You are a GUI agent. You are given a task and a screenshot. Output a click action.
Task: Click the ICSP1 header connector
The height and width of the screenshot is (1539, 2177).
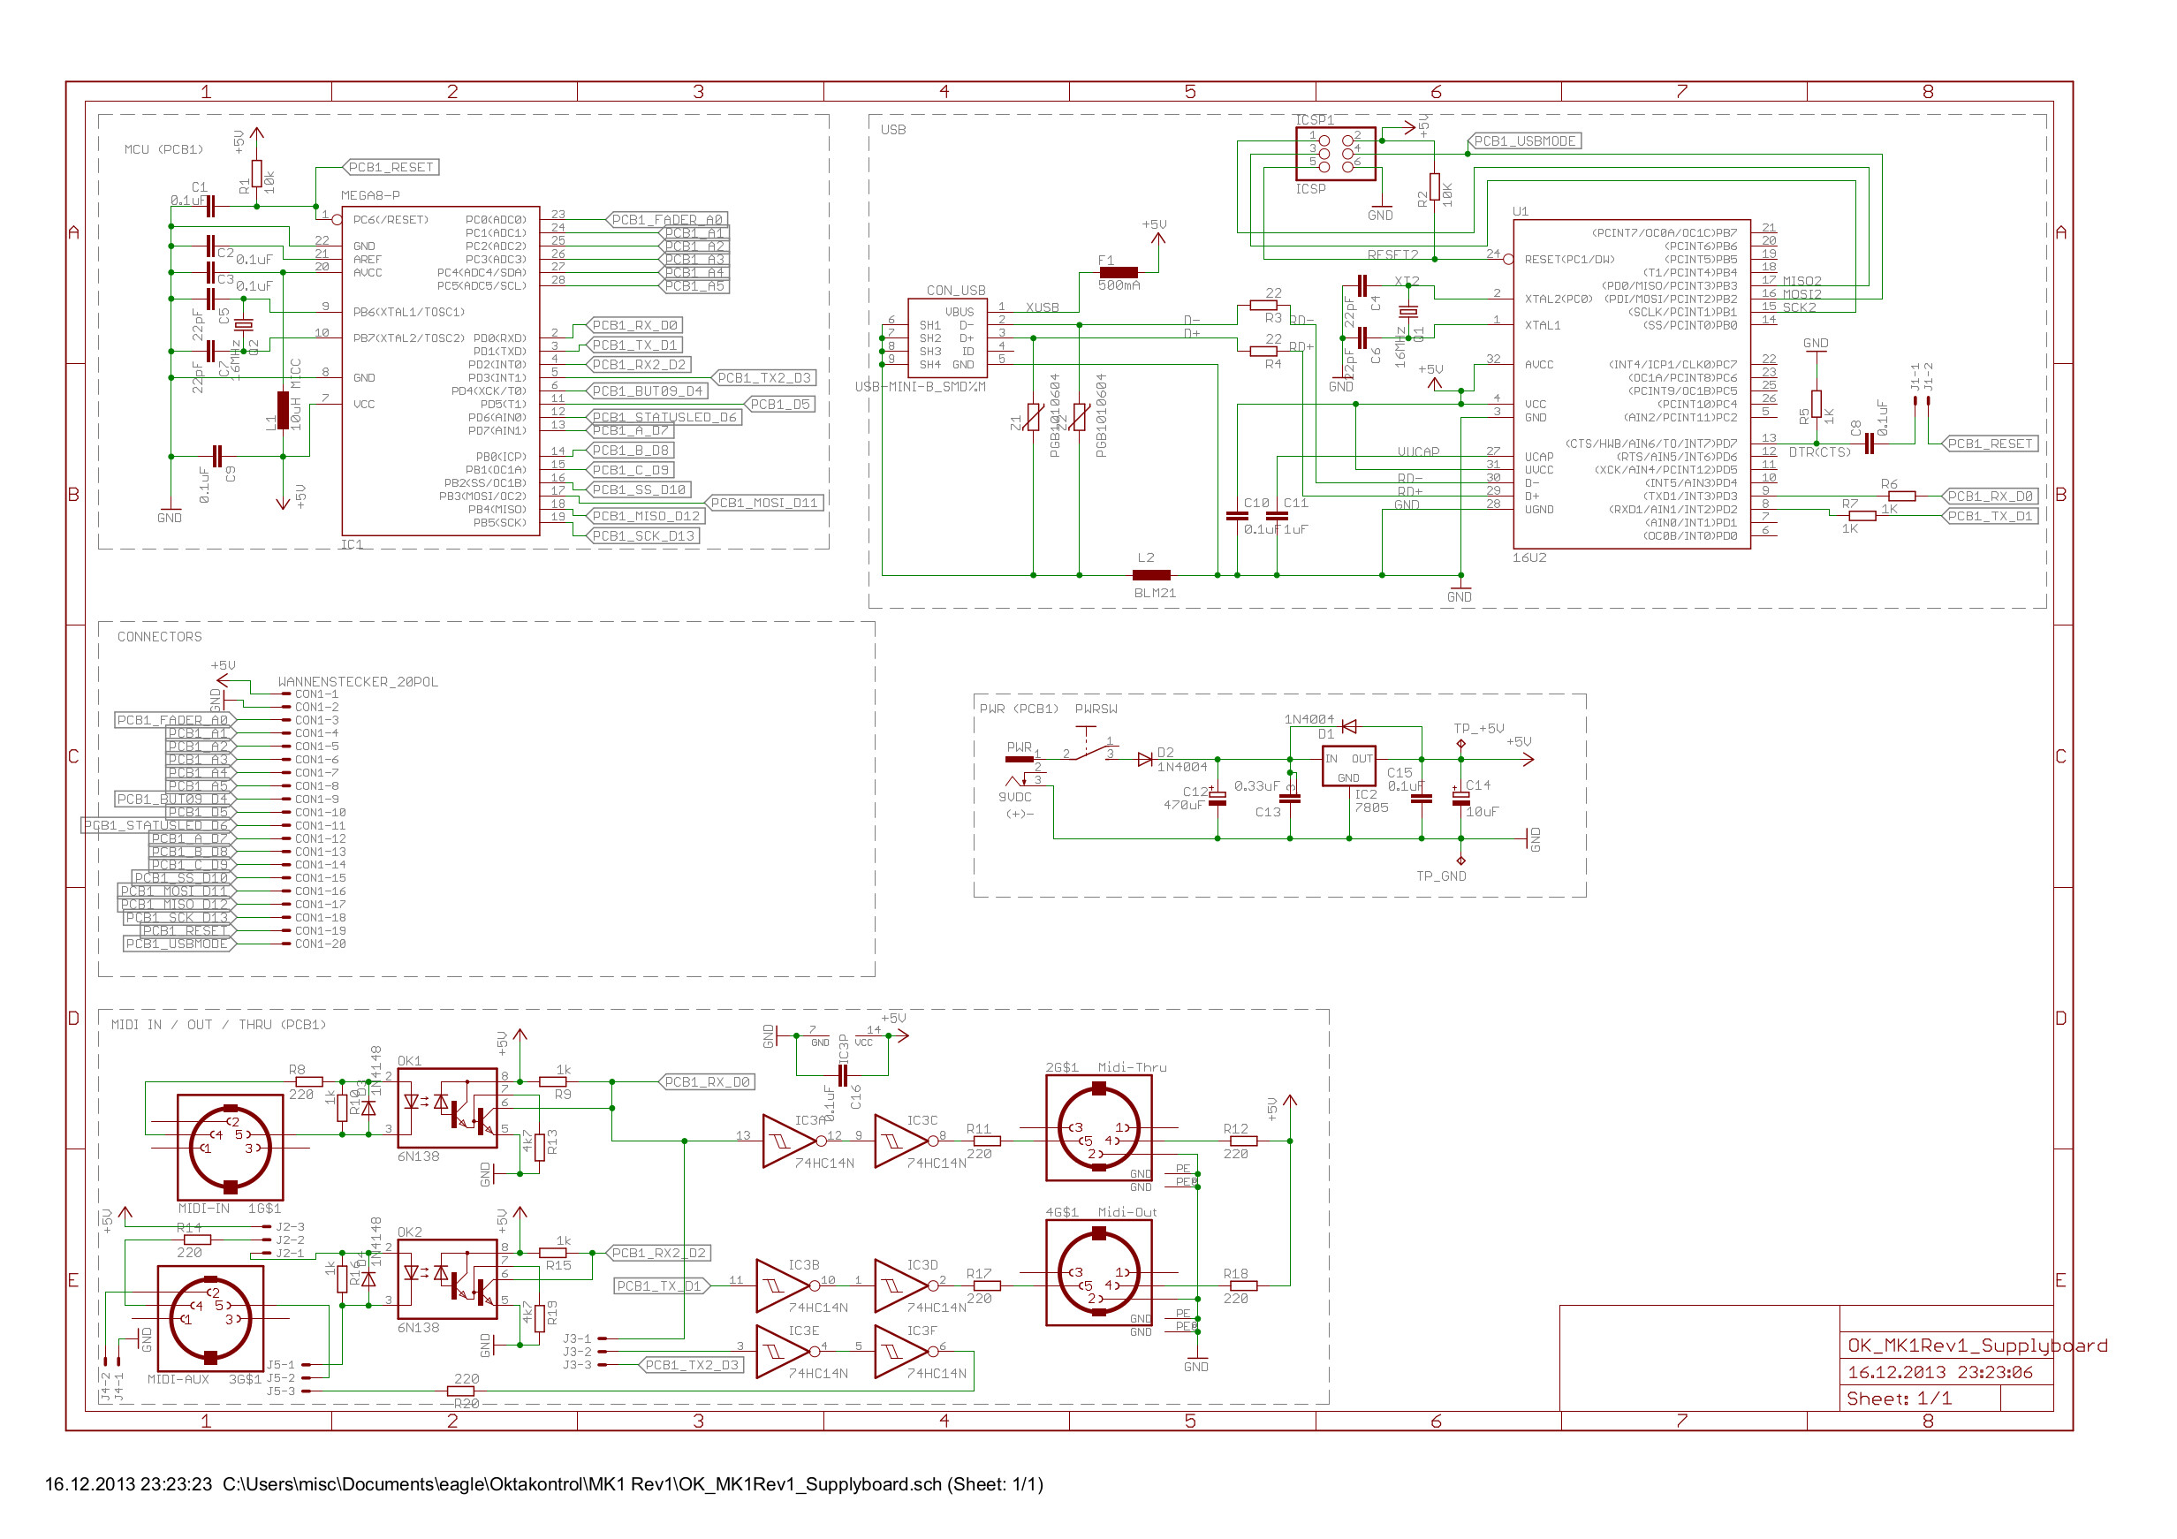click(1335, 153)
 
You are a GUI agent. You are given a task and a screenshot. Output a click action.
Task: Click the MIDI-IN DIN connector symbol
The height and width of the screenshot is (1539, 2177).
click(231, 1148)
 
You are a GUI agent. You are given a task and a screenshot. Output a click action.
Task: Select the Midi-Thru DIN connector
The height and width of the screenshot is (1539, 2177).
click(1098, 1128)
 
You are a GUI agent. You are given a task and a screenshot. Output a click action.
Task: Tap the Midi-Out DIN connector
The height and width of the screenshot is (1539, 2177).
click(1098, 1272)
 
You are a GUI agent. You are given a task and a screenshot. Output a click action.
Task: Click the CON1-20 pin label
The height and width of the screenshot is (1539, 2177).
click(320, 944)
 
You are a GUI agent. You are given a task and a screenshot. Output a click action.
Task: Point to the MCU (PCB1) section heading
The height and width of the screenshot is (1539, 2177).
click(163, 150)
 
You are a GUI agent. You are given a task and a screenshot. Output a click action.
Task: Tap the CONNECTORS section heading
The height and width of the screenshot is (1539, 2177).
click(159, 637)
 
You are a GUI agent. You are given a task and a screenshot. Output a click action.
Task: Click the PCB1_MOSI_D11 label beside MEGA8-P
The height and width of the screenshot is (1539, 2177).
click(764, 504)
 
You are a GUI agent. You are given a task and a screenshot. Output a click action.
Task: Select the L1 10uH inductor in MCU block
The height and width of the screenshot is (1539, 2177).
click(283, 411)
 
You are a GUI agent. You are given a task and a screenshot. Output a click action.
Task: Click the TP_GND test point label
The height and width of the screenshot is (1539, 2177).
click(1440, 876)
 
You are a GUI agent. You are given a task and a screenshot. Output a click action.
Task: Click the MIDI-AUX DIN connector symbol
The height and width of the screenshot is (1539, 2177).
click(209, 1319)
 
